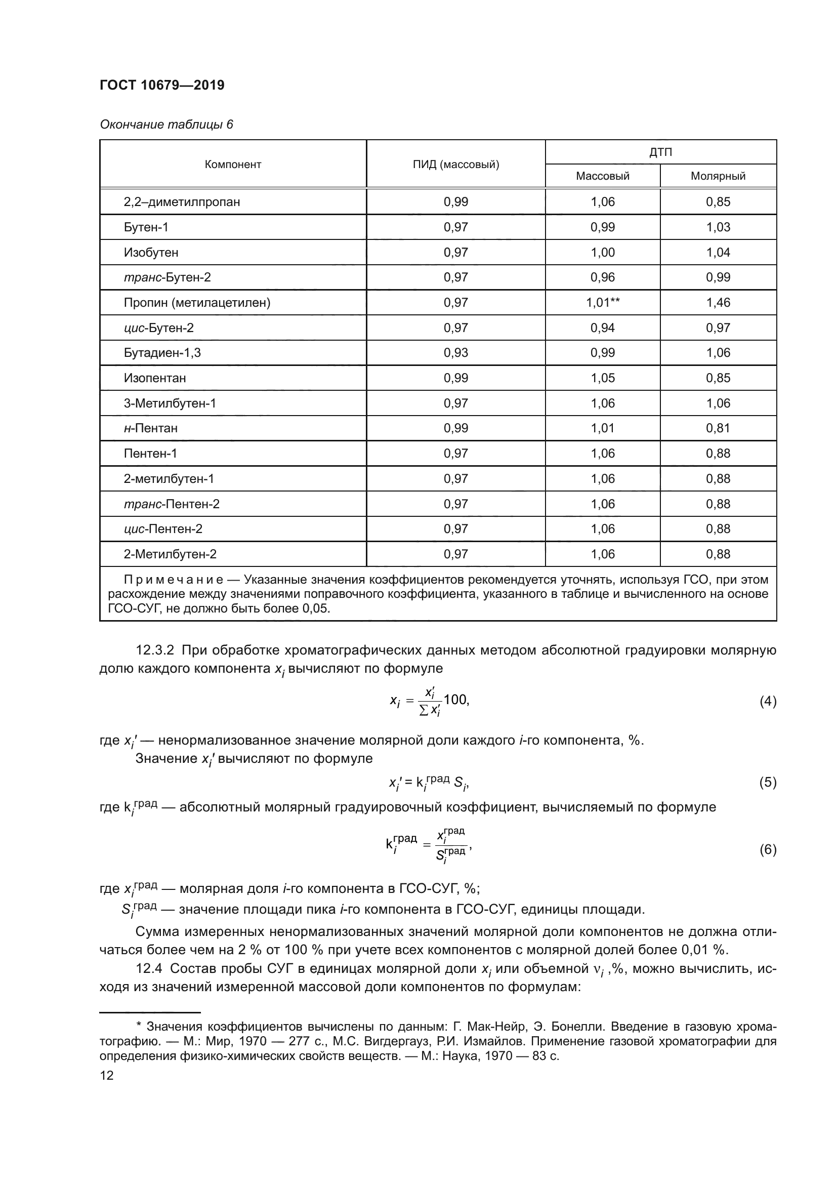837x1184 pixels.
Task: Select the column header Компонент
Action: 233,165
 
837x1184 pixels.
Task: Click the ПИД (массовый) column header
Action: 455,165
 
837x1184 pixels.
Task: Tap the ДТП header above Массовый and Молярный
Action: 660,152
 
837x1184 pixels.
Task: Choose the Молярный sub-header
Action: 718,176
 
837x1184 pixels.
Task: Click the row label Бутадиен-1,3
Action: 162,353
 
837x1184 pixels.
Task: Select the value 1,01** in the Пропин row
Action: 603,303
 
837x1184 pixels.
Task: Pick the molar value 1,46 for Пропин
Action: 718,303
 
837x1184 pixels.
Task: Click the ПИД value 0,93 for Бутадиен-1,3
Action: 455,353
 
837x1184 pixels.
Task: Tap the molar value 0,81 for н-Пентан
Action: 718,428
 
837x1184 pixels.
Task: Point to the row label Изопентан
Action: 155,378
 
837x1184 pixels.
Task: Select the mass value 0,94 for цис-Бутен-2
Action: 603,328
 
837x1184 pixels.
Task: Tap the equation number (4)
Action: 768,701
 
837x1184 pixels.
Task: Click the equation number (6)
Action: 768,849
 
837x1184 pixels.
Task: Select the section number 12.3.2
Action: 155,651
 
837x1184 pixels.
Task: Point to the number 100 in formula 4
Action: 455,700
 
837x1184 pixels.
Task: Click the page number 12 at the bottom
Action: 107,1076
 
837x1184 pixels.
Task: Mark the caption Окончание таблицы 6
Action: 166,125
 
